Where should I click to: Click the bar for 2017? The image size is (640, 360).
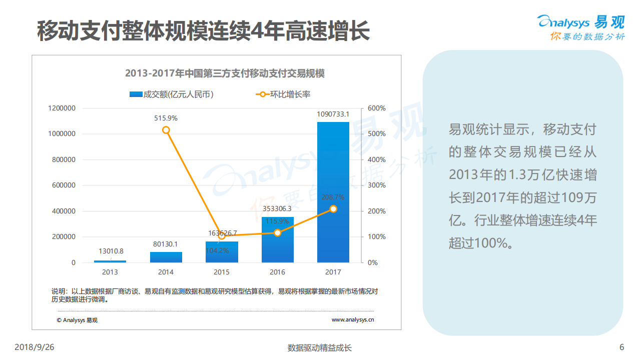pyautogui.click(x=333, y=192)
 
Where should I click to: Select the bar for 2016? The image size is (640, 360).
pyautogui.click(x=277, y=240)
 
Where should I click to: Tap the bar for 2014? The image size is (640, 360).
pyautogui.click(x=166, y=257)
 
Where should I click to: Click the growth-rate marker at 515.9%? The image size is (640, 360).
pyautogui.click(x=166, y=130)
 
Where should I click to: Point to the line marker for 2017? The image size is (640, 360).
pyautogui.click(x=333, y=209)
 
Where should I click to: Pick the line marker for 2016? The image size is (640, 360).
pyautogui.click(x=278, y=232)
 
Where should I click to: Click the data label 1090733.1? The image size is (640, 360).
pyautogui.click(x=333, y=114)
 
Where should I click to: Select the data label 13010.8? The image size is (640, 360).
pyautogui.click(x=110, y=251)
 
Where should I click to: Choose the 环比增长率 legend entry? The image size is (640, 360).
pyautogui.click(x=283, y=94)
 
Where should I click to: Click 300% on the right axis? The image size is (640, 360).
pyautogui.click(x=376, y=185)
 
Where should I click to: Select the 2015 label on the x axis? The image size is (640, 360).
pyautogui.click(x=222, y=272)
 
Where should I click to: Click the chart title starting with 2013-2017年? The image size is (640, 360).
pyautogui.click(x=225, y=73)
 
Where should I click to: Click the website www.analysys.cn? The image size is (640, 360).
pyautogui.click(x=353, y=320)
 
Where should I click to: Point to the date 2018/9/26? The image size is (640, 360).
pyautogui.click(x=34, y=347)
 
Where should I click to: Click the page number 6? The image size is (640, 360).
pyautogui.click(x=621, y=347)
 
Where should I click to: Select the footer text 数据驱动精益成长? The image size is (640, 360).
pyautogui.click(x=320, y=348)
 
